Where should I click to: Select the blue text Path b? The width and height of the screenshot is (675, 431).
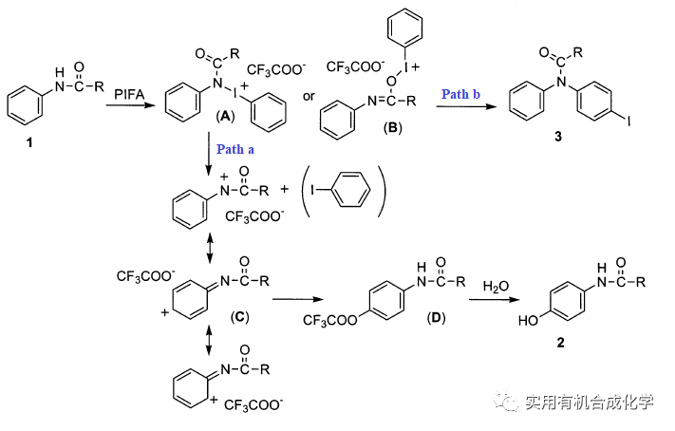460,95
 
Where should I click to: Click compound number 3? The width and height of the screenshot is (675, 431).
558,139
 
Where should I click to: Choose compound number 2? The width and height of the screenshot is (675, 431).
560,340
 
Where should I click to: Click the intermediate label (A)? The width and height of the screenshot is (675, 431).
225,113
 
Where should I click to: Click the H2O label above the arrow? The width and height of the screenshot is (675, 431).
496,285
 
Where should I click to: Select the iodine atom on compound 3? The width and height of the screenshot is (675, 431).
629,121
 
